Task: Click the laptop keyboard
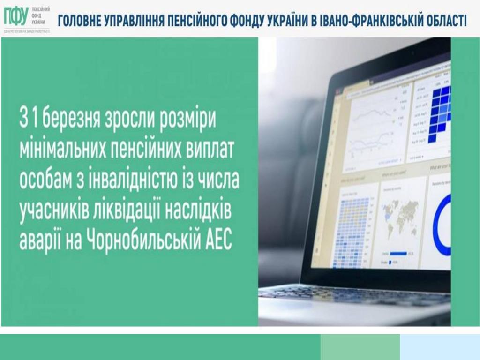[x=356, y=295]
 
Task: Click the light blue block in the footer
[x=440, y=347]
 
